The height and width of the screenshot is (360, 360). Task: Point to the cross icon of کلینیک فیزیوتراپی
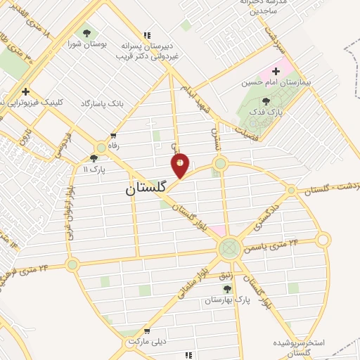[x=26, y=91]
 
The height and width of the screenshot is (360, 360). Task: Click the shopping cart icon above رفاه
[x=113, y=136]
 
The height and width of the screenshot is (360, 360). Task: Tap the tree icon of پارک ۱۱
[x=94, y=158]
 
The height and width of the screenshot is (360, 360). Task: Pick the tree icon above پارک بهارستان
[x=226, y=288]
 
